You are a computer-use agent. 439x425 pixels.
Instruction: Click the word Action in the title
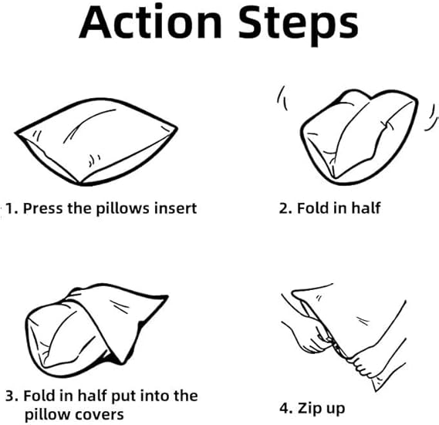[x=150, y=22]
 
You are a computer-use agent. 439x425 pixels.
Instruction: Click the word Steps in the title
[x=299, y=25]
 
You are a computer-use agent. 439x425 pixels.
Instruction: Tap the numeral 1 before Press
[x=10, y=208]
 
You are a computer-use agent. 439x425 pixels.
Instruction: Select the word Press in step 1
[x=42, y=208]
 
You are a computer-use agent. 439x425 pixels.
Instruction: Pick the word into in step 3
[x=154, y=396]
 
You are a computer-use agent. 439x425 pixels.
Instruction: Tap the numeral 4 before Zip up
[x=285, y=408]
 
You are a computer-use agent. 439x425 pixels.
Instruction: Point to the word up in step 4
[x=335, y=410]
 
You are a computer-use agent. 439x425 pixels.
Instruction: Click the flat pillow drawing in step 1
[x=96, y=142]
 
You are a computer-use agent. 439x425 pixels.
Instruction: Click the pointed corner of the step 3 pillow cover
[x=167, y=296]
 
